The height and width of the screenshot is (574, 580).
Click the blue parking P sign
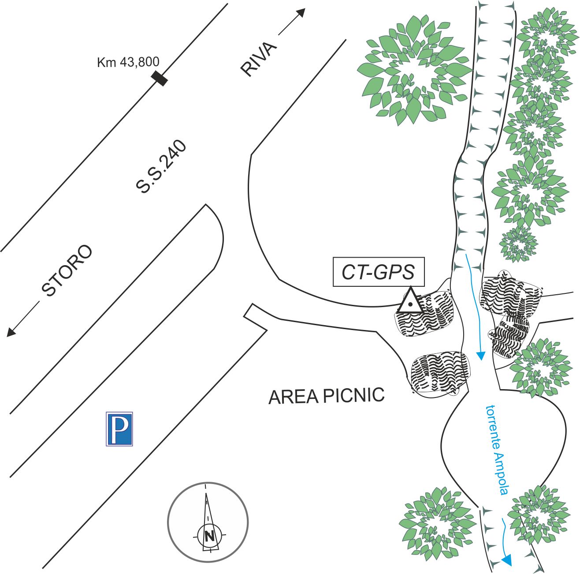(119, 429)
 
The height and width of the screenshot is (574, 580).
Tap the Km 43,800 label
(128, 62)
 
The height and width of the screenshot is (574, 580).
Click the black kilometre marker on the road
(160, 79)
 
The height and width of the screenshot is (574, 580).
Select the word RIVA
(259, 60)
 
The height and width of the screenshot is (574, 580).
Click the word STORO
(67, 270)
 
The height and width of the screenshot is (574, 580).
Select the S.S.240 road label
(161, 168)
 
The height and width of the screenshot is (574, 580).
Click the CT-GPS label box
(378, 272)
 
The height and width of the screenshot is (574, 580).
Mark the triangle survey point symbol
(410, 302)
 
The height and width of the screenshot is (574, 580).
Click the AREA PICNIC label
(327, 396)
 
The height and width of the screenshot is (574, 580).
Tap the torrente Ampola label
(497, 450)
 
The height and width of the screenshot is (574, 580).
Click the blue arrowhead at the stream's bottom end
(507, 560)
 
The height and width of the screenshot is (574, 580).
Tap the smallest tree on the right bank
(519, 244)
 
